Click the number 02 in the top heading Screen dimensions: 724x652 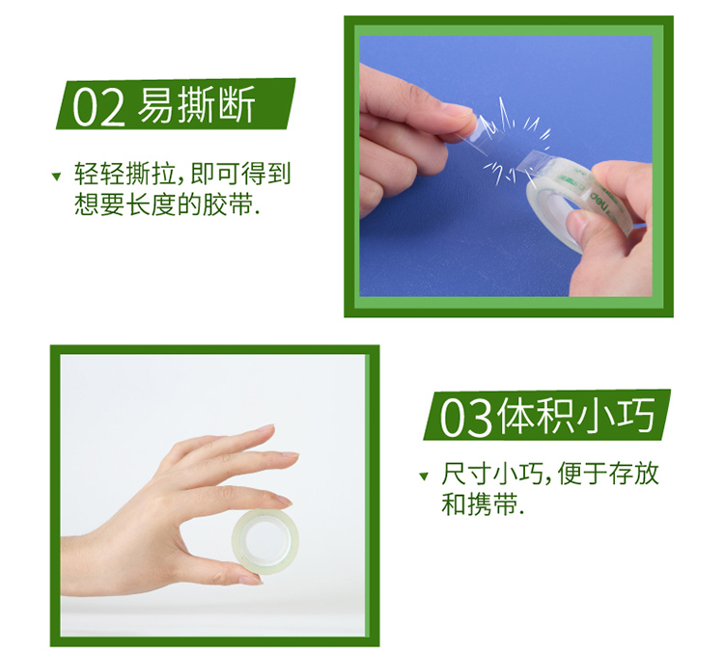pos(98,107)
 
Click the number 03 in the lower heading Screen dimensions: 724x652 pos(465,418)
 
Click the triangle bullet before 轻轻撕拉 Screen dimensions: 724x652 pos(56,177)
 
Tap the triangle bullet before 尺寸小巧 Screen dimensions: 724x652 pos(424,476)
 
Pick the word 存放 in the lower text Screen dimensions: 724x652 pos(633,474)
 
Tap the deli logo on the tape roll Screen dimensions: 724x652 pos(599,202)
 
